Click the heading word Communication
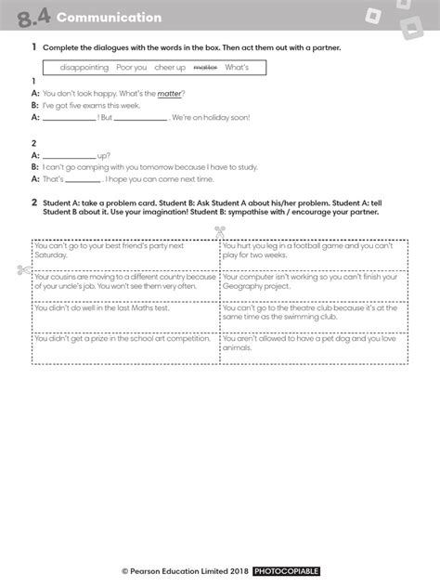pos(108,18)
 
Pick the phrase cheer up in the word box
pos(170,68)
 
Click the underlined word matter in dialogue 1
pos(169,94)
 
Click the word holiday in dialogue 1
pos(217,118)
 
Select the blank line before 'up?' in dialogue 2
pos(70,156)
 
